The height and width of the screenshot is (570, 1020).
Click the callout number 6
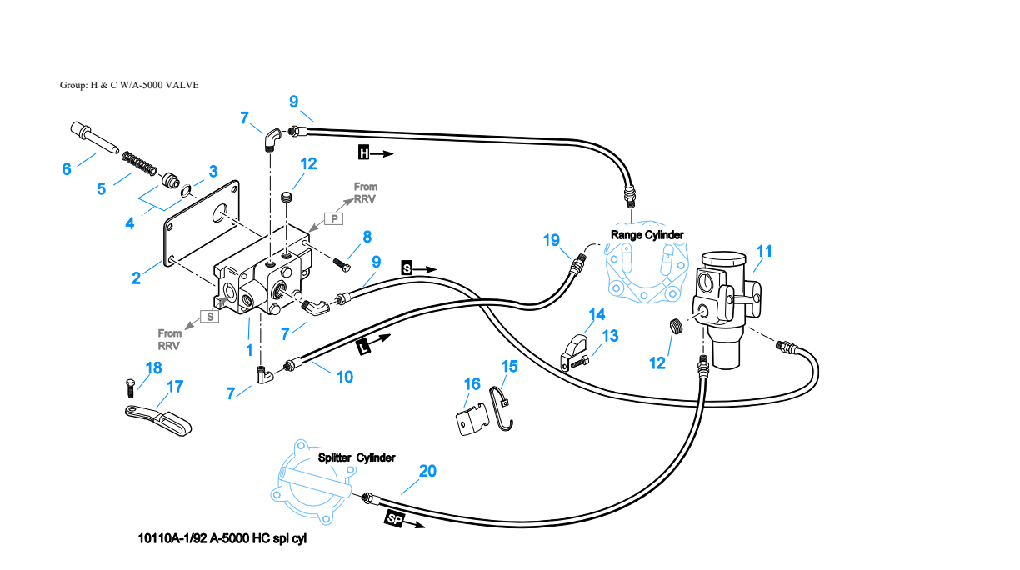tap(67, 169)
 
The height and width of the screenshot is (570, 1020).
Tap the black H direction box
tap(364, 152)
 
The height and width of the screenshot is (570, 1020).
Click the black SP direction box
tap(395, 519)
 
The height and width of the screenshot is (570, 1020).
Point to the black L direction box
tap(363, 348)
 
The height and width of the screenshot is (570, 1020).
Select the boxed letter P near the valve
tap(334, 219)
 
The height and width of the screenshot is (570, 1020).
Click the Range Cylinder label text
tap(647, 235)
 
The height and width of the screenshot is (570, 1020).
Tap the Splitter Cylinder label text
tap(357, 457)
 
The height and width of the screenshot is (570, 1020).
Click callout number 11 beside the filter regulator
tap(764, 252)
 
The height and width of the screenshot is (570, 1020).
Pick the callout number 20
tap(427, 471)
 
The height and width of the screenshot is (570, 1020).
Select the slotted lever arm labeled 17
tap(158, 420)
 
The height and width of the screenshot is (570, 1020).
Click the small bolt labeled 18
tap(130, 387)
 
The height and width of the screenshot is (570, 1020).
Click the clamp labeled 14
tap(574, 351)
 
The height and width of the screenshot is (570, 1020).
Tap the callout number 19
tap(551, 240)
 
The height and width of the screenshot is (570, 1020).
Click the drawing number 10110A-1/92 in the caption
tap(172, 538)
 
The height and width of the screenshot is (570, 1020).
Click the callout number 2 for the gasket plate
tap(136, 278)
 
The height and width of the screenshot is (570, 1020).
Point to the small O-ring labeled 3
tap(186, 191)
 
